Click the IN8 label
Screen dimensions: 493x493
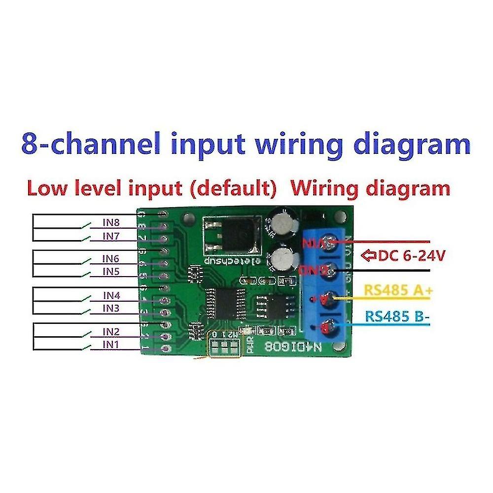click(111, 222)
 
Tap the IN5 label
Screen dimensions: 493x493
click(111, 272)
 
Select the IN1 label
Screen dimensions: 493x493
click(111, 345)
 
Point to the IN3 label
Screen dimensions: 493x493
click(111, 308)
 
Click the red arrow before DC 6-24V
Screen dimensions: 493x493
click(368, 256)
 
